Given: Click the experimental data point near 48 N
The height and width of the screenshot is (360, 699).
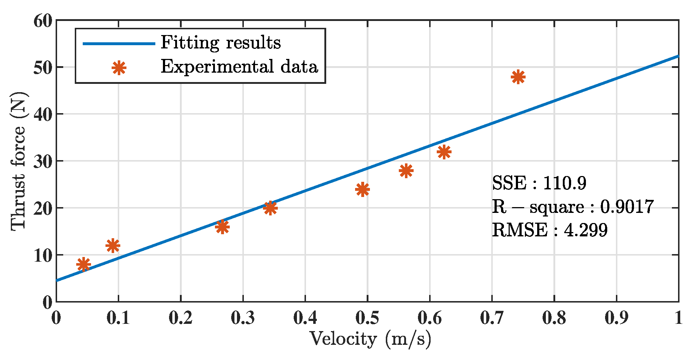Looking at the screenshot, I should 518,77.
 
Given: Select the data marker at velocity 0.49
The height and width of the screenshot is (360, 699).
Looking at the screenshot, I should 362,189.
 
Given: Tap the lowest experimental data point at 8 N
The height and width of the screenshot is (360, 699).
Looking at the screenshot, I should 83,265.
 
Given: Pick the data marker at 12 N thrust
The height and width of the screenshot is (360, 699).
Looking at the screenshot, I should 113,246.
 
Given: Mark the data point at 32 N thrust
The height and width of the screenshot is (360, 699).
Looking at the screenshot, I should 444,152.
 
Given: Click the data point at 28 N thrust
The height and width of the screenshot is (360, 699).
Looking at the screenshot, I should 406,171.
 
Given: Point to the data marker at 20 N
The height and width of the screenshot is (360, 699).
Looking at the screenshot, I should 270,208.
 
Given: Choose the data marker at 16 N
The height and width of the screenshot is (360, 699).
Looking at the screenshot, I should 222,227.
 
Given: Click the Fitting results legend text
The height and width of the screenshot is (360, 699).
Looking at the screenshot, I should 220,43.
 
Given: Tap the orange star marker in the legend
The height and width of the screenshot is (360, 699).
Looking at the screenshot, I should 119,68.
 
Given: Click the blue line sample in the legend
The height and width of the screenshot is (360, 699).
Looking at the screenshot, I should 119,44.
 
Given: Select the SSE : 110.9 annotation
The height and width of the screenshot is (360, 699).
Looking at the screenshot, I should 539,183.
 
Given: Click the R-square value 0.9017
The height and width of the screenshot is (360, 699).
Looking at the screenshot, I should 626,207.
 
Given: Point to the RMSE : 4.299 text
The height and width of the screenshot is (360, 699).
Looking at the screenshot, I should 549,230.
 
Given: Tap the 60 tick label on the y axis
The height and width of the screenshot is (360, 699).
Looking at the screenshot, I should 43,21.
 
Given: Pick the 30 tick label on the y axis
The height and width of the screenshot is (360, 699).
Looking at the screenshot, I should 43,162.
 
